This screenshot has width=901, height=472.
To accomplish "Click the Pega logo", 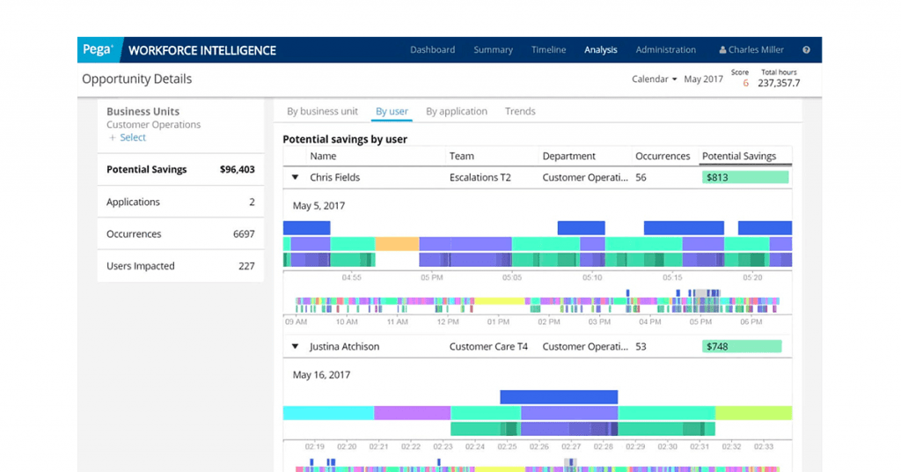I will pyautogui.click(x=98, y=50).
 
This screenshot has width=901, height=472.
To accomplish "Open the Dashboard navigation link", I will pyautogui.click(x=432, y=50).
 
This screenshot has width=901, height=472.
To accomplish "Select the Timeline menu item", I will pyautogui.click(x=548, y=50).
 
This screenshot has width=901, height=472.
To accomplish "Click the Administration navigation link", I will pyautogui.click(x=665, y=50).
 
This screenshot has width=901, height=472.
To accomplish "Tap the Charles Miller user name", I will pyautogui.click(x=756, y=50).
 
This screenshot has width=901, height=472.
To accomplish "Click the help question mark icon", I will pyautogui.click(x=806, y=50).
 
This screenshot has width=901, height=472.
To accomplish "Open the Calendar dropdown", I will pyautogui.click(x=654, y=79).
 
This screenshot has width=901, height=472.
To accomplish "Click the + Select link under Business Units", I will pyautogui.click(x=128, y=137).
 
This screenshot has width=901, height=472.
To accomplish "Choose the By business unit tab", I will pyautogui.click(x=322, y=112).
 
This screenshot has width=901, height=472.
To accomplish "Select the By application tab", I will pyautogui.click(x=456, y=112).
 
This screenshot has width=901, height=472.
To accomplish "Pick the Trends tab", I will pyautogui.click(x=520, y=112).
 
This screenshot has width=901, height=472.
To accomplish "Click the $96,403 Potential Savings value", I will pyautogui.click(x=237, y=170).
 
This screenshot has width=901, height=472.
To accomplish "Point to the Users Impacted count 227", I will pyautogui.click(x=246, y=266).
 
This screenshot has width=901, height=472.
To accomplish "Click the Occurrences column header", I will pyautogui.click(x=663, y=157).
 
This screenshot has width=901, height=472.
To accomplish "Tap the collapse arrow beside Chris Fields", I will pyautogui.click(x=295, y=178).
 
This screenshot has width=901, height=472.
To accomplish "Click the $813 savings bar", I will pyautogui.click(x=745, y=178).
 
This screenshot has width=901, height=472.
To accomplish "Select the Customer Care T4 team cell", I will pyautogui.click(x=488, y=347).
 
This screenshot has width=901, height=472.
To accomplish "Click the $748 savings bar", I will pyautogui.click(x=742, y=347).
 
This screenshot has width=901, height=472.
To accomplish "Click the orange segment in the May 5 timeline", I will pyautogui.click(x=397, y=244).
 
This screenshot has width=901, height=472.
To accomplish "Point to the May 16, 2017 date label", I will pyautogui.click(x=321, y=375).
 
